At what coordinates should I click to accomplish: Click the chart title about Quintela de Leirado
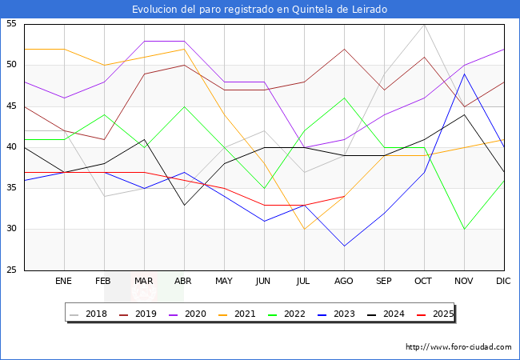(260, 10)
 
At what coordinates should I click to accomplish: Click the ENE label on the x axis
(64, 282)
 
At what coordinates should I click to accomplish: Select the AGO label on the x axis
(344, 282)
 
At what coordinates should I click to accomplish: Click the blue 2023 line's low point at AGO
(344, 246)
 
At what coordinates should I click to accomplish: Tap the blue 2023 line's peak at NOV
(464, 74)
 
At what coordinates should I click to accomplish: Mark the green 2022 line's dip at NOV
(464, 229)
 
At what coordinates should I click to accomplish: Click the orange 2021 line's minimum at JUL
(304, 229)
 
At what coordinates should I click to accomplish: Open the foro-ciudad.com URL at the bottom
(458, 347)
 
